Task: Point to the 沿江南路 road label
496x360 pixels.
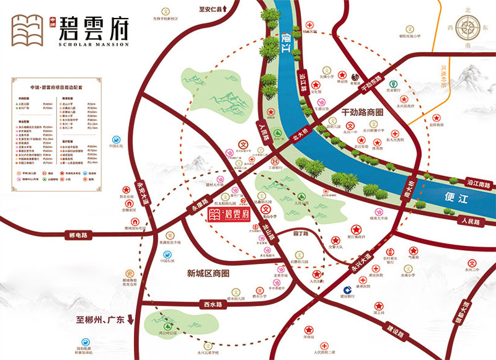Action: click(478, 184)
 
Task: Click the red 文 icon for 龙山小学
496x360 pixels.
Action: click(266, 209)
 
